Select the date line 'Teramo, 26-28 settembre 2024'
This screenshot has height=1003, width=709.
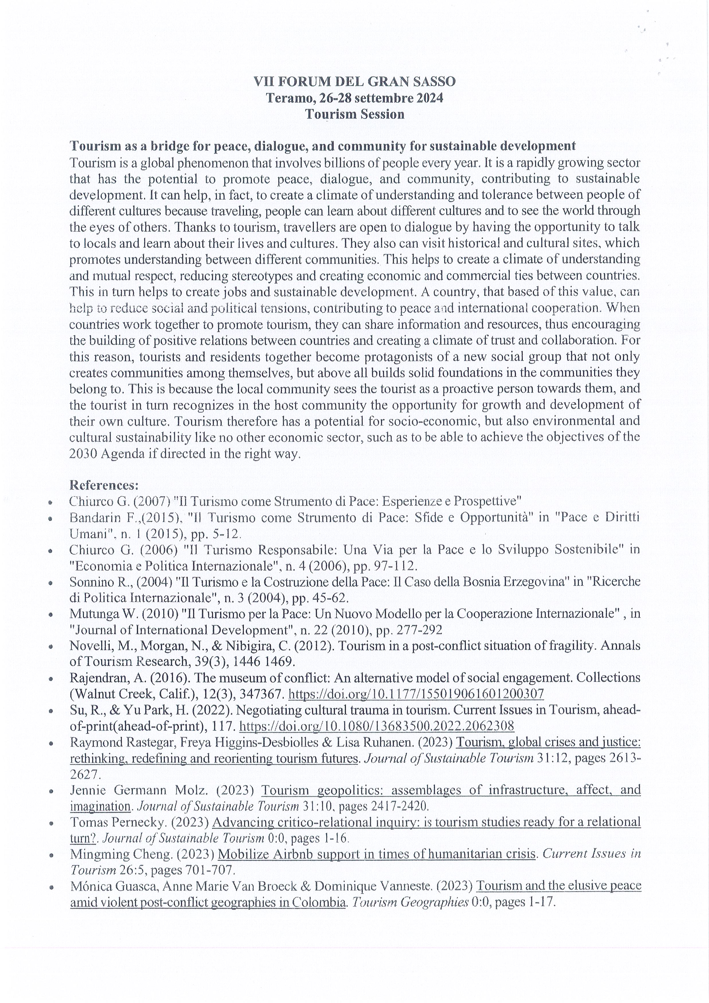(354, 98)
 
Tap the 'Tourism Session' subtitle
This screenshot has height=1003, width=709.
(354, 114)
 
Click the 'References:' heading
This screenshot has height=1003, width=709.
(104, 485)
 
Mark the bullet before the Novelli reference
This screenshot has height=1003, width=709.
(51, 647)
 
